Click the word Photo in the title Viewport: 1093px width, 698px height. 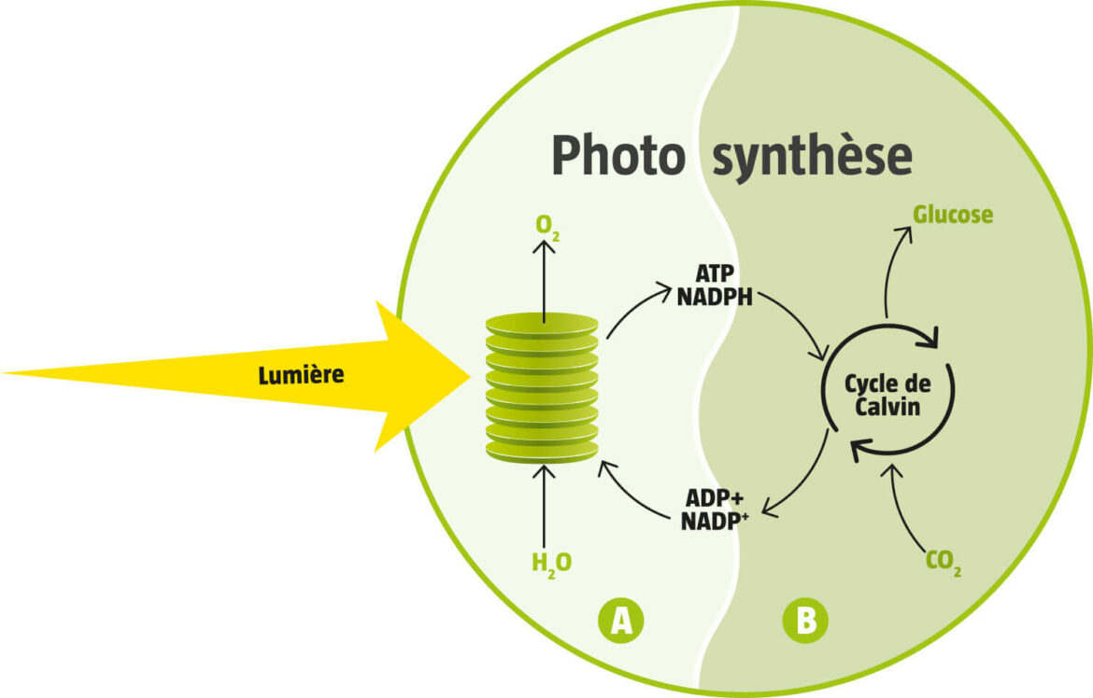click(617, 156)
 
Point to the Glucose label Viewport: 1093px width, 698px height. click(953, 215)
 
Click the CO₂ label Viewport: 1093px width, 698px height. click(944, 563)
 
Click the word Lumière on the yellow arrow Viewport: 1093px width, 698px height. click(301, 375)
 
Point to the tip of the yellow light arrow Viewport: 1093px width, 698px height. click(467, 376)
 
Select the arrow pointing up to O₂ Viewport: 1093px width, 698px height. click(542, 280)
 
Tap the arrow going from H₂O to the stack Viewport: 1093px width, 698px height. click(542, 504)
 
